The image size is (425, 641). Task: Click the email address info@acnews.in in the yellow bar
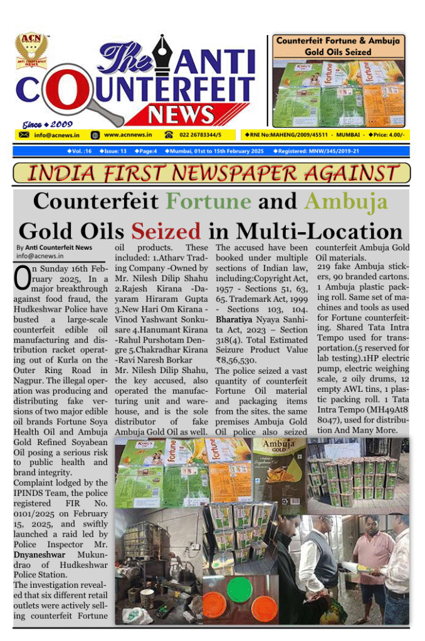pyautogui.click(x=56, y=135)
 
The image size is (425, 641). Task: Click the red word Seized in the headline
pyautogui.click(x=167, y=230)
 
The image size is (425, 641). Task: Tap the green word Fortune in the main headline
pyautogui.click(x=209, y=202)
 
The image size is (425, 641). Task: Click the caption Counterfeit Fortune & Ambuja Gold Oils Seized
pyautogui.click(x=338, y=47)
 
